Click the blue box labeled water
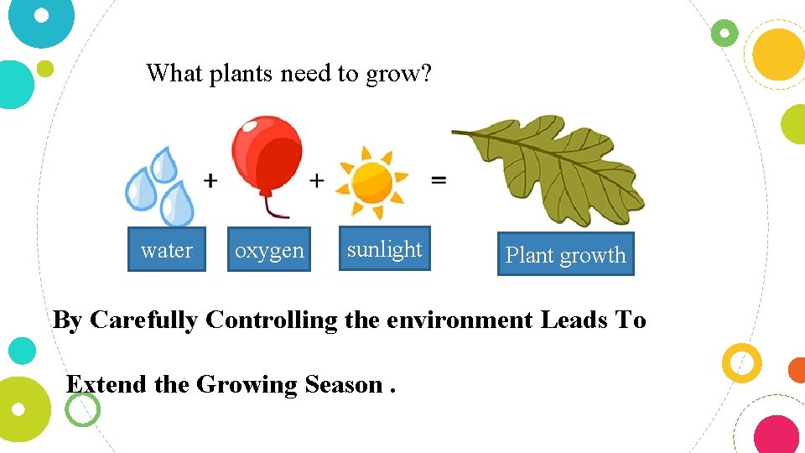166,250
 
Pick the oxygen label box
269,250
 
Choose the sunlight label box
384,248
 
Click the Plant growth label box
565,254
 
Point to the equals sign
438,180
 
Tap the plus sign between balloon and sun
317,180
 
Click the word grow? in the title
398,75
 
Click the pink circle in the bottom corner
776,435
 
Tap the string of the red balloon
267,204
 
